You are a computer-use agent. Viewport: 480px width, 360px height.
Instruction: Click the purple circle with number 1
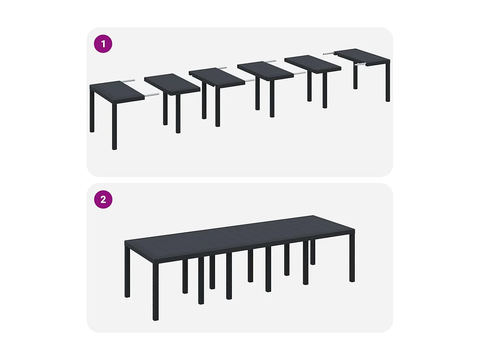103,44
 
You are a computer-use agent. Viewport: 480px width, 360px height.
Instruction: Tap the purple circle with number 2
103,199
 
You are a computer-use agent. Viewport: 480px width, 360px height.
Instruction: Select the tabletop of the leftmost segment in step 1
117,92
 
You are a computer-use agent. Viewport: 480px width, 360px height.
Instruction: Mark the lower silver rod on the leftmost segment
151,95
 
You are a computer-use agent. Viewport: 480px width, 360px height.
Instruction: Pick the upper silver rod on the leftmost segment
128,81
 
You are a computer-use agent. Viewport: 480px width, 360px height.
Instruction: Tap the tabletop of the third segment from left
217,76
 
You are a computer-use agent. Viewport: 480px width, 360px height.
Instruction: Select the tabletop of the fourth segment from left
265,70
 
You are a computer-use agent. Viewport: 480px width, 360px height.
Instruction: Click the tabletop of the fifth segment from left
313,63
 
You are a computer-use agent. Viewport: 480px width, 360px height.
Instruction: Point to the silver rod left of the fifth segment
300,73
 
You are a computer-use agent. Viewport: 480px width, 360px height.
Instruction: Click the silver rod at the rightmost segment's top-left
328,53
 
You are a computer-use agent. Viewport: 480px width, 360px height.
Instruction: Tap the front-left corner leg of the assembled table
156,291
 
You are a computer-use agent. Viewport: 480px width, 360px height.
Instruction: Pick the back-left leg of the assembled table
127,272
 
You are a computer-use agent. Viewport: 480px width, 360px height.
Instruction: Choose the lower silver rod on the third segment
249,80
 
